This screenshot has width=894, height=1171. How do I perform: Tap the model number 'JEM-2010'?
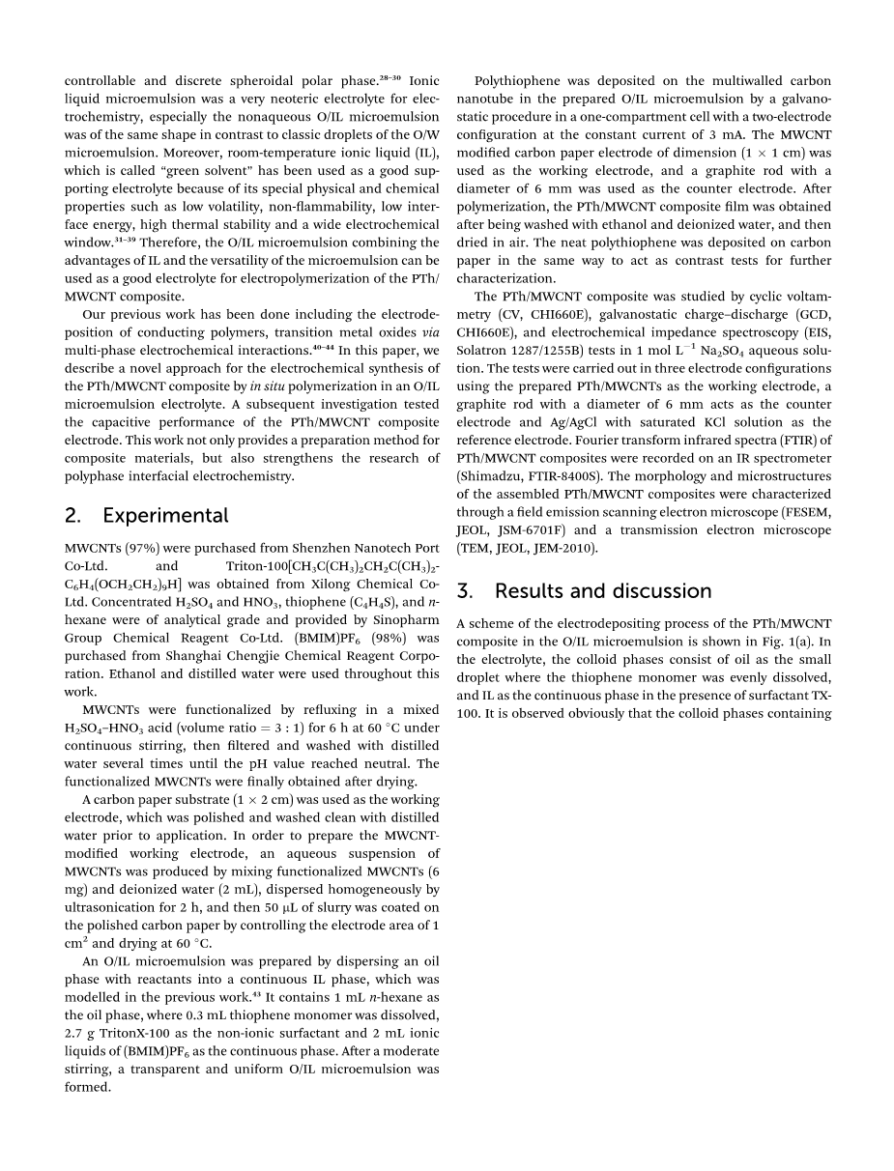point(564,548)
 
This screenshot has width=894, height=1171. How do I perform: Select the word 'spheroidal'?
point(240,82)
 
